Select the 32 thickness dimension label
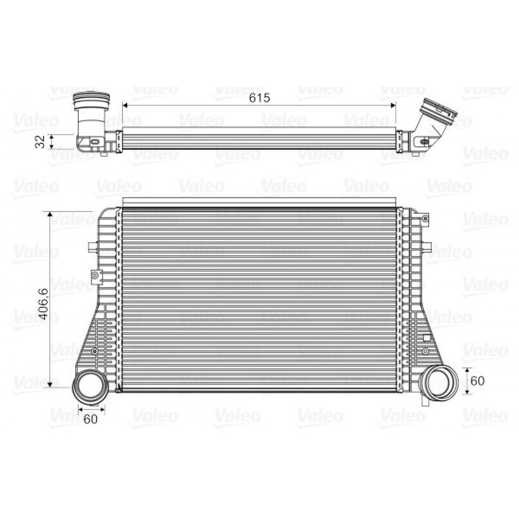click(39, 141)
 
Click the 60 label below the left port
click(91, 420)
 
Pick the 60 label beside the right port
click(477, 380)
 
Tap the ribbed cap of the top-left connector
click(91, 99)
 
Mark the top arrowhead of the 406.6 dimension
click(50, 214)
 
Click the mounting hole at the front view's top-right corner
click(425, 219)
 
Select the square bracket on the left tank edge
click(95, 276)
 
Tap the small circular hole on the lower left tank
click(94, 352)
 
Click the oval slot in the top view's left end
click(95, 141)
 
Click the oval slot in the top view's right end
click(424, 141)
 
